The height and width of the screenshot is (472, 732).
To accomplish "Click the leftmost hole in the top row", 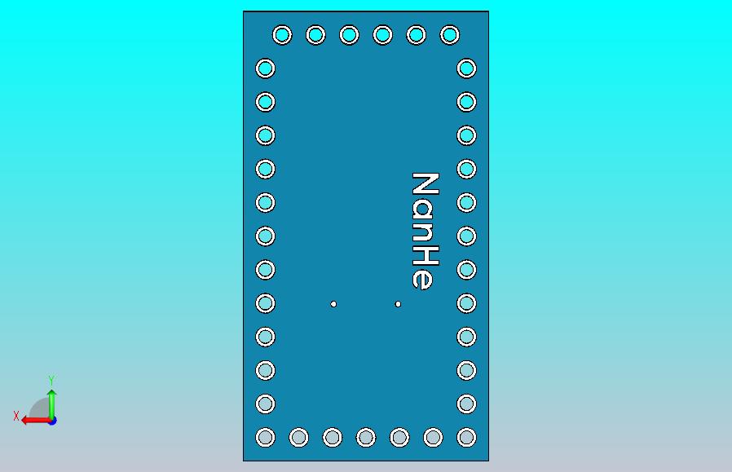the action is (x=282, y=35).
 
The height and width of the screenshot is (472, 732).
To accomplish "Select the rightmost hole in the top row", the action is (x=450, y=35).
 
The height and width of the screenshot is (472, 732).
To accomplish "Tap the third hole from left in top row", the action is (x=349, y=35).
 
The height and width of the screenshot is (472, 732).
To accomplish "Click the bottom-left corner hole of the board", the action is (x=265, y=438).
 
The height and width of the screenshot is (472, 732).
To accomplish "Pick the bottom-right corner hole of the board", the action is (x=466, y=438).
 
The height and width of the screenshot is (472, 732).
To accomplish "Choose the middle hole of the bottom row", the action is (x=366, y=438).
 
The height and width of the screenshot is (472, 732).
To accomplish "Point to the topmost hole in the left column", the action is (x=265, y=68).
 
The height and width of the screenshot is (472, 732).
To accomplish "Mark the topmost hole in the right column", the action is (x=466, y=68).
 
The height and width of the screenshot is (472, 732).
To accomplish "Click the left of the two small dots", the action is (x=333, y=304).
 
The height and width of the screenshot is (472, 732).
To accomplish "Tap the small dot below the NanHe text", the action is (x=398, y=304).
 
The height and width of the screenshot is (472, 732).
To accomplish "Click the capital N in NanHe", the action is (x=426, y=183).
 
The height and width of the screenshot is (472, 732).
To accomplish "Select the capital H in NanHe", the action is (x=426, y=255).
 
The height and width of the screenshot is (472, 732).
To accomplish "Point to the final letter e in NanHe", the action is (x=422, y=279).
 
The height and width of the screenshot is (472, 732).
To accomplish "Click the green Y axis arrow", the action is (x=52, y=404).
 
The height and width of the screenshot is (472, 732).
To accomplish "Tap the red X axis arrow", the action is (x=37, y=421).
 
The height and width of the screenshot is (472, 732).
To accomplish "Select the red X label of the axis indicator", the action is (x=16, y=416).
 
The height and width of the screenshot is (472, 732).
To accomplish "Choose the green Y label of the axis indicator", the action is (x=51, y=380).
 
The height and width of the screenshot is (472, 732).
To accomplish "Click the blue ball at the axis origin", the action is (x=53, y=421).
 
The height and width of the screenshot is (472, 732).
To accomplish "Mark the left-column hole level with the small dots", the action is (x=265, y=303).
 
